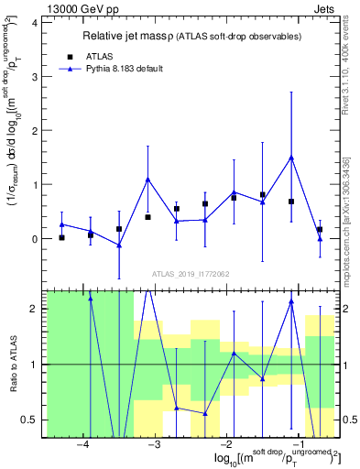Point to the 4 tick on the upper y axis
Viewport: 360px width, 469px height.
[x=38, y=23]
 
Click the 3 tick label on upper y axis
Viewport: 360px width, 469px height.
[x=38, y=77]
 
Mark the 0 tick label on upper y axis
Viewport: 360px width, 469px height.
[x=38, y=239]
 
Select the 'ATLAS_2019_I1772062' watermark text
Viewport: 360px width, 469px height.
[x=191, y=274]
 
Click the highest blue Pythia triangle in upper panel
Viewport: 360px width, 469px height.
[x=291, y=157]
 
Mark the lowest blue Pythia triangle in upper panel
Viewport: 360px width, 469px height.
[x=119, y=245]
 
